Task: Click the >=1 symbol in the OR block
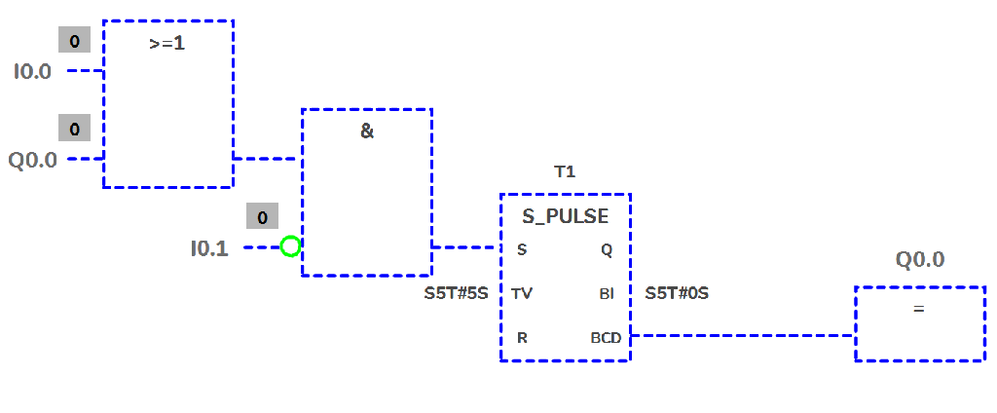(x=167, y=44)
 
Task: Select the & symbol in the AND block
(x=367, y=131)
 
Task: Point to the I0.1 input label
(x=209, y=248)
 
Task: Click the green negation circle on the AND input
(x=290, y=246)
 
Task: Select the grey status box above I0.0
(x=74, y=41)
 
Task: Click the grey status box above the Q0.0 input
(x=74, y=129)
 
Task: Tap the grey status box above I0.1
(x=262, y=217)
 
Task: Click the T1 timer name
(x=565, y=171)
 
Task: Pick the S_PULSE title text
(x=565, y=216)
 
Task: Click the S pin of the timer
(x=522, y=250)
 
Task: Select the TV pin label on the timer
(x=522, y=293)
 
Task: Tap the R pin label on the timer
(x=522, y=337)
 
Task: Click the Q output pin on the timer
(x=607, y=250)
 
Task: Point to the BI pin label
(x=607, y=293)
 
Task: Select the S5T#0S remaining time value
(x=677, y=292)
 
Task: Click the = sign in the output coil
(x=918, y=309)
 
